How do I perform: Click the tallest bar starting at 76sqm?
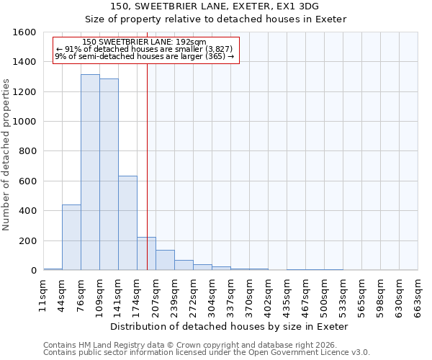pos(90,173)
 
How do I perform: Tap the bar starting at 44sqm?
pos(71,238)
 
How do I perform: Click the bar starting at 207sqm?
pos(165,260)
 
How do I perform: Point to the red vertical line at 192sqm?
pos(147,166)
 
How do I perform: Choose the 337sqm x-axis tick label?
pos(231,295)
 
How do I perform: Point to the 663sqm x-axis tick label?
pos(418,295)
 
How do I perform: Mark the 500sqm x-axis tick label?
pos(325,295)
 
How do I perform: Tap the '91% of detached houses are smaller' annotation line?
pos(144,49)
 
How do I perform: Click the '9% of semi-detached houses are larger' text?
pos(144,56)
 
